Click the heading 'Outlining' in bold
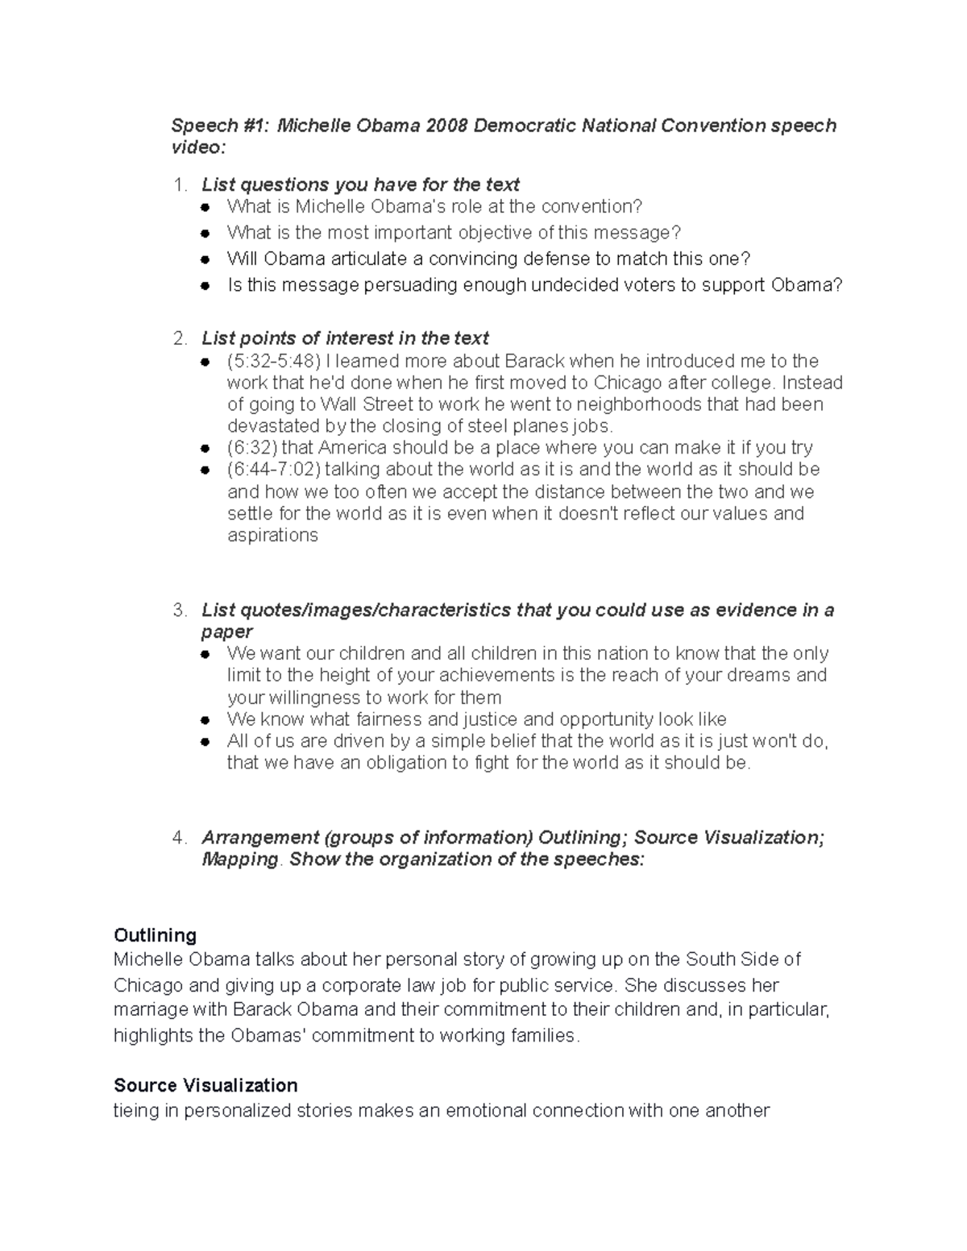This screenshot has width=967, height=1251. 156,935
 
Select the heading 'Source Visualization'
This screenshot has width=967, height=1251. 205,1085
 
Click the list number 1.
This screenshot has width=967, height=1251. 178,184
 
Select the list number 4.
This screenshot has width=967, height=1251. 178,838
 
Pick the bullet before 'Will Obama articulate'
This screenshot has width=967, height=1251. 206,259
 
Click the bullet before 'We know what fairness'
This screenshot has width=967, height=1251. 206,720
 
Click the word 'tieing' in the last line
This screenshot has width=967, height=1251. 146,1111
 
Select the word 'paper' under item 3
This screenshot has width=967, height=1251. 226,632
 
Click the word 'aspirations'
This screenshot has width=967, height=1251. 272,536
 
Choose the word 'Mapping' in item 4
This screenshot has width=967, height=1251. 239,860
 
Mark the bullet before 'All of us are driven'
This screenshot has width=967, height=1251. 206,742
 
